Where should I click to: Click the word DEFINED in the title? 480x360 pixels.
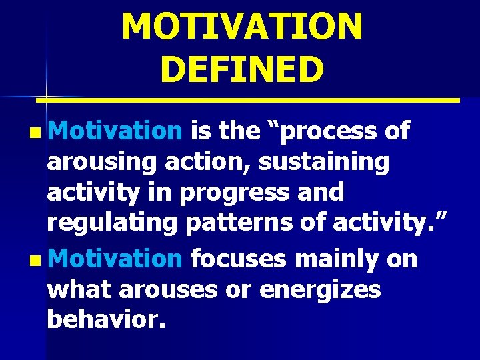(x=242, y=69)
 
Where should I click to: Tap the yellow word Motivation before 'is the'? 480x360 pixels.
(x=115, y=131)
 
